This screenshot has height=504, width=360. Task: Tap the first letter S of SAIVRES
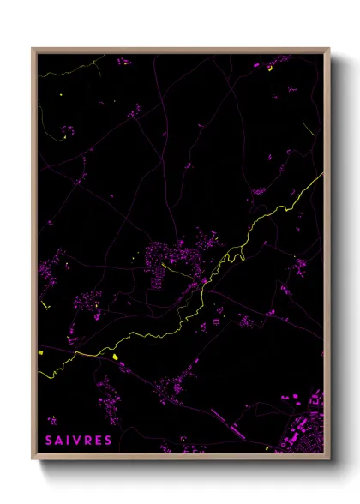[48, 441]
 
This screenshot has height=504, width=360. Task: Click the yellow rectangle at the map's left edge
[40, 352]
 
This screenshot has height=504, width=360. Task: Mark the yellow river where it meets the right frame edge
[322, 176]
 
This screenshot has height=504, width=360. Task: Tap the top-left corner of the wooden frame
[33, 50]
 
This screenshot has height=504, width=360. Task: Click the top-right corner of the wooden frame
[328, 50]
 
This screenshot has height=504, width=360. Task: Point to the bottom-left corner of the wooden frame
[33, 459]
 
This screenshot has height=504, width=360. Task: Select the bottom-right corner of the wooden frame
[328, 459]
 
